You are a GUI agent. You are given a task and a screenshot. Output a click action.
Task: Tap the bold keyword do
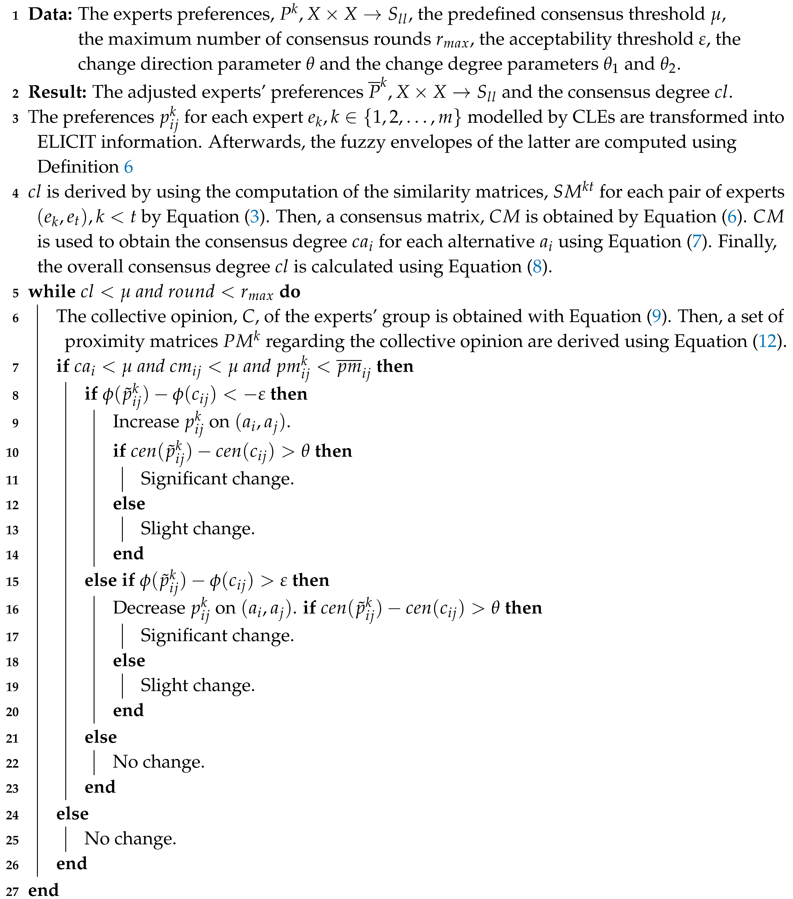[290, 292]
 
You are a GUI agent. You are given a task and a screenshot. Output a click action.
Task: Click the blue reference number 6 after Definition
[129, 167]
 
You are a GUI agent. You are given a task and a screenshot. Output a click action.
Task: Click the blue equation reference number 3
[254, 217]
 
